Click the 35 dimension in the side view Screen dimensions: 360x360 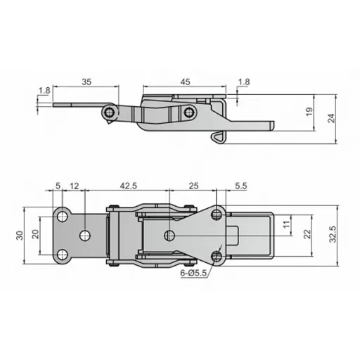[x=86, y=82]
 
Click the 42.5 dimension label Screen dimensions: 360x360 [x=128, y=186]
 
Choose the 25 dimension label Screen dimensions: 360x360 [x=194, y=186]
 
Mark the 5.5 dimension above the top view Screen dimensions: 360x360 [x=240, y=186]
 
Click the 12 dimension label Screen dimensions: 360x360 [x=75, y=186]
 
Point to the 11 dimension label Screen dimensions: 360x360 [x=285, y=225]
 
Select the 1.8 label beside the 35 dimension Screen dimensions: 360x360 [x=44, y=90]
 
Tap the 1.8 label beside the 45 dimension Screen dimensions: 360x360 [x=243, y=82]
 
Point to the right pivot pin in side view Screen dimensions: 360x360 [x=188, y=112]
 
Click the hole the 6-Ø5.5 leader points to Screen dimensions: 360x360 [x=218, y=256]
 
